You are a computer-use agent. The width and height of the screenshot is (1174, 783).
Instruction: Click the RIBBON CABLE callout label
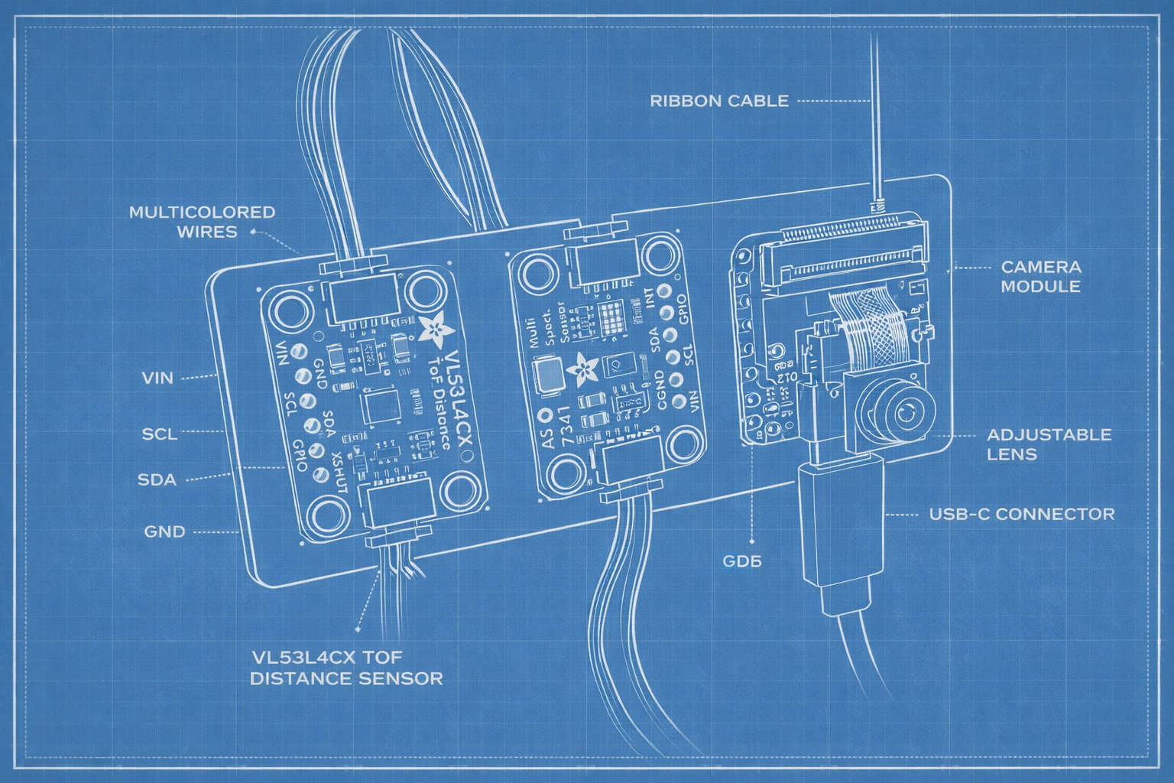coord(718,101)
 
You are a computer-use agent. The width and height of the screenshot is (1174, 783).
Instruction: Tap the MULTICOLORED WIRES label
coord(202,222)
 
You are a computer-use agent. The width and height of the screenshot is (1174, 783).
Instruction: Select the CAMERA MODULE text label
coord(1040,277)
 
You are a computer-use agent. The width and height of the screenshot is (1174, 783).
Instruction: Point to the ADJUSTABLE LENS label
coord(1049,444)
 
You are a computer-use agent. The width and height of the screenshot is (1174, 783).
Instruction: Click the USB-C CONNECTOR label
coord(1021,514)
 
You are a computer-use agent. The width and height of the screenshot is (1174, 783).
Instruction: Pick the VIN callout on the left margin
coord(157,378)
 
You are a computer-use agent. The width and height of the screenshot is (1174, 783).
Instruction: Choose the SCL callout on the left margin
coord(159,434)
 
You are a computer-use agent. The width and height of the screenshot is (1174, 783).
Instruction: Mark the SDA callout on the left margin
coord(157,480)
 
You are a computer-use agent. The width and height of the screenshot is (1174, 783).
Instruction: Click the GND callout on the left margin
coord(164,531)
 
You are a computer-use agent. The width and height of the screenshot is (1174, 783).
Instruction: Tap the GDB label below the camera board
coord(742,562)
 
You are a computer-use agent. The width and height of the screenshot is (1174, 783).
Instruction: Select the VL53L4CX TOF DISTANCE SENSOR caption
coord(346,668)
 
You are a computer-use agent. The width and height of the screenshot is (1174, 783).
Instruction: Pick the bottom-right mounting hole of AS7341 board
coord(685,443)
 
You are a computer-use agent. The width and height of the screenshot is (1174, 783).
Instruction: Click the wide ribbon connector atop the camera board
coord(848,252)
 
